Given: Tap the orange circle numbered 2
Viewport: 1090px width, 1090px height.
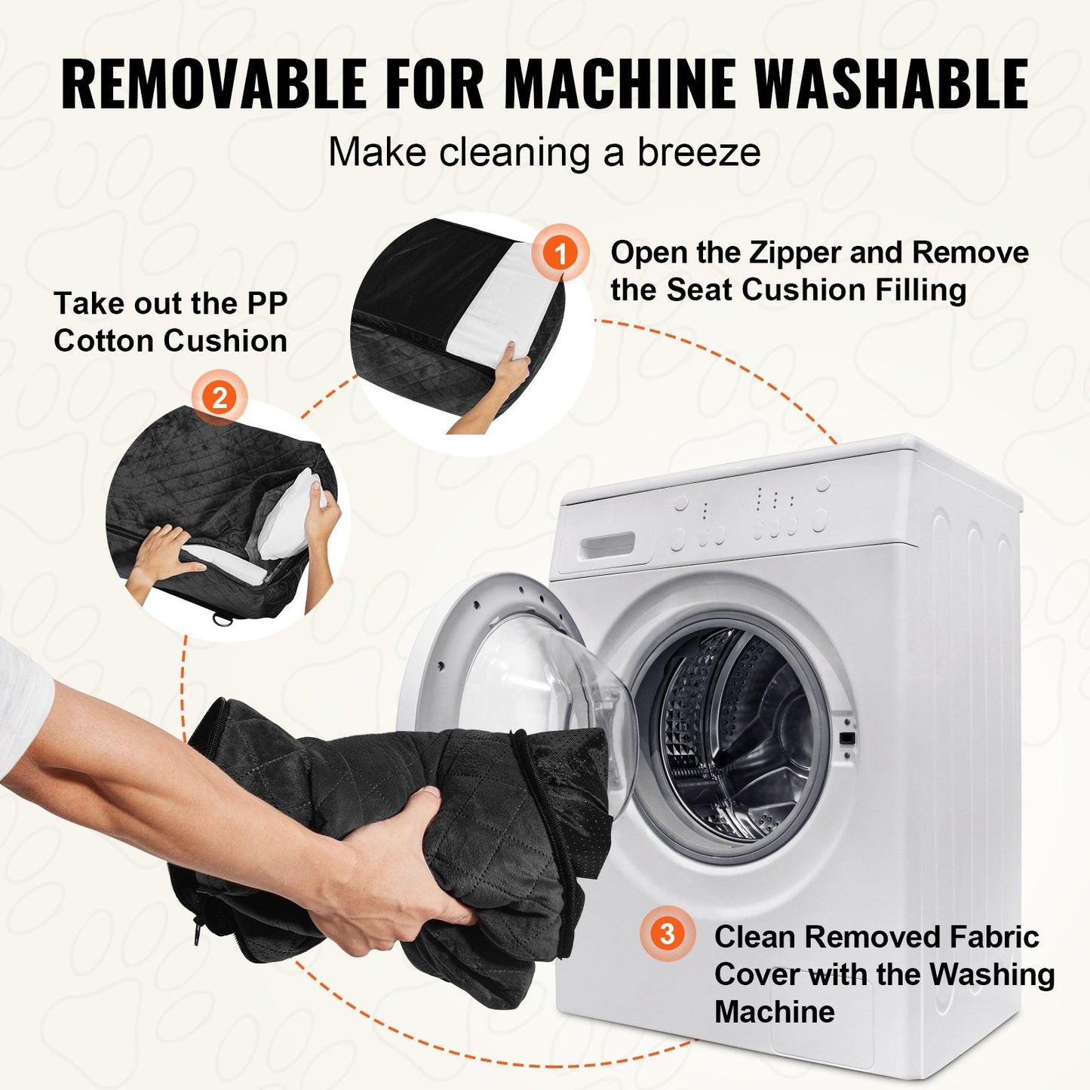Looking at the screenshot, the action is click(x=220, y=398).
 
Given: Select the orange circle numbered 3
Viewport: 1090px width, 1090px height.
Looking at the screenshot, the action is click(x=668, y=933).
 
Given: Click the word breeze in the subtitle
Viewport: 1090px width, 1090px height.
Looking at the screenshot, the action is click(x=699, y=152).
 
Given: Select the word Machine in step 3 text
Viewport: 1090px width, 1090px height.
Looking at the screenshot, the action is click(x=775, y=1011).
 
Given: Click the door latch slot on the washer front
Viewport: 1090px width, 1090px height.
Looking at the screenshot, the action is click(x=846, y=738).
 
